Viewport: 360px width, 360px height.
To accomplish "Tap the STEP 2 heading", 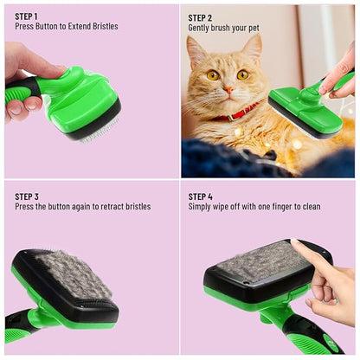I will click(x=201, y=16).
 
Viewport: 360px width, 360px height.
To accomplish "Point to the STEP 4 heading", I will click(x=201, y=196).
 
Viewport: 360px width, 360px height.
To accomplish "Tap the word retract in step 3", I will click(x=108, y=207).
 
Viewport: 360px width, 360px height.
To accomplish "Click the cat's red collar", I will click(x=241, y=112).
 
